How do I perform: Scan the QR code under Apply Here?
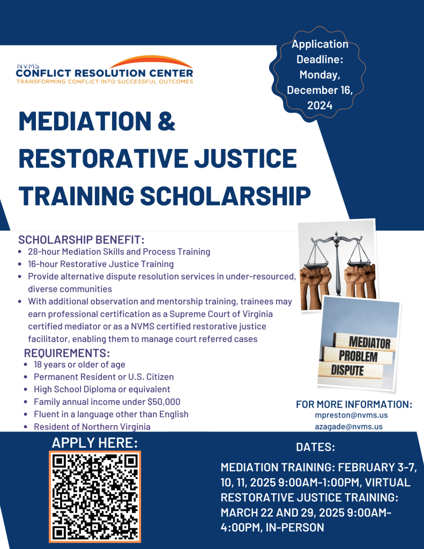tap(95, 496)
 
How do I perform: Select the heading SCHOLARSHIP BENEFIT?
tap(81, 239)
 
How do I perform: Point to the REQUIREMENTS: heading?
tap(67, 353)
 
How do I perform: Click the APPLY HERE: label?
tap(95, 443)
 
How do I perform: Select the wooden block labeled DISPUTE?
tap(348, 370)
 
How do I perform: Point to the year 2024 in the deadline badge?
tap(320, 106)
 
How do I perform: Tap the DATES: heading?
tap(316, 447)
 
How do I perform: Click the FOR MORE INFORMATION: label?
tap(354, 404)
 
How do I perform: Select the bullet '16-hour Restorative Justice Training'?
tap(101, 264)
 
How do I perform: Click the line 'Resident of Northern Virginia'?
tap(92, 427)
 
